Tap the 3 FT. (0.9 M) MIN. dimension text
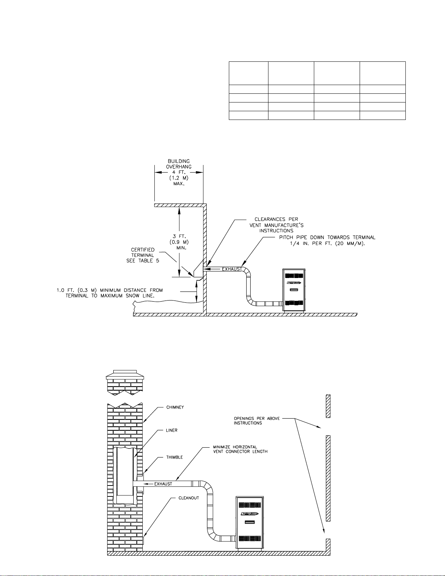pos(179,242)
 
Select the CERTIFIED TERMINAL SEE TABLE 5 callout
pos(143,255)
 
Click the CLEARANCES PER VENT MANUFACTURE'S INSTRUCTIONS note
pos(276,225)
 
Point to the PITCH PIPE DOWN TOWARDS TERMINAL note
pos(327,240)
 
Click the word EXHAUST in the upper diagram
pos(232,269)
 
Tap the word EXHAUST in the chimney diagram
pos(163,484)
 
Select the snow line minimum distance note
pos(110,293)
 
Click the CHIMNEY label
pos(175,407)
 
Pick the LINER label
pos(171,430)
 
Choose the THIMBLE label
pos(175,457)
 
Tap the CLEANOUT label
pos(189,498)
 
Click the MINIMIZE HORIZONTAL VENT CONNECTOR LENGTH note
pos(240,449)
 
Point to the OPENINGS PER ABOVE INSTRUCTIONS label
pos(257,421)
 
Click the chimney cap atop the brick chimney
pos(125,375)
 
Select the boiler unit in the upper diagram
pos(294,290)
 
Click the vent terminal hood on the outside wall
pos(198,269)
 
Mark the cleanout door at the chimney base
pos(143,540)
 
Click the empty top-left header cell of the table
pos(248,73)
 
